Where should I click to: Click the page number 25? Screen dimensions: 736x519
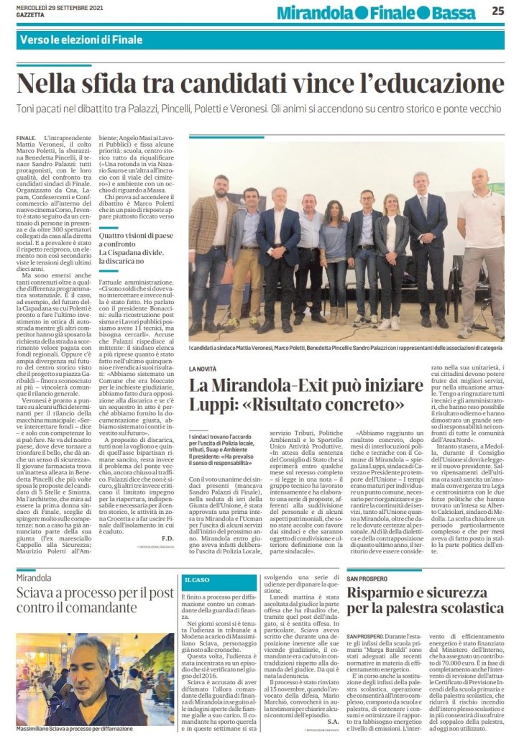point(497,10)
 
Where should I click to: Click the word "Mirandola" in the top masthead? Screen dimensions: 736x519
point(311,12)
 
